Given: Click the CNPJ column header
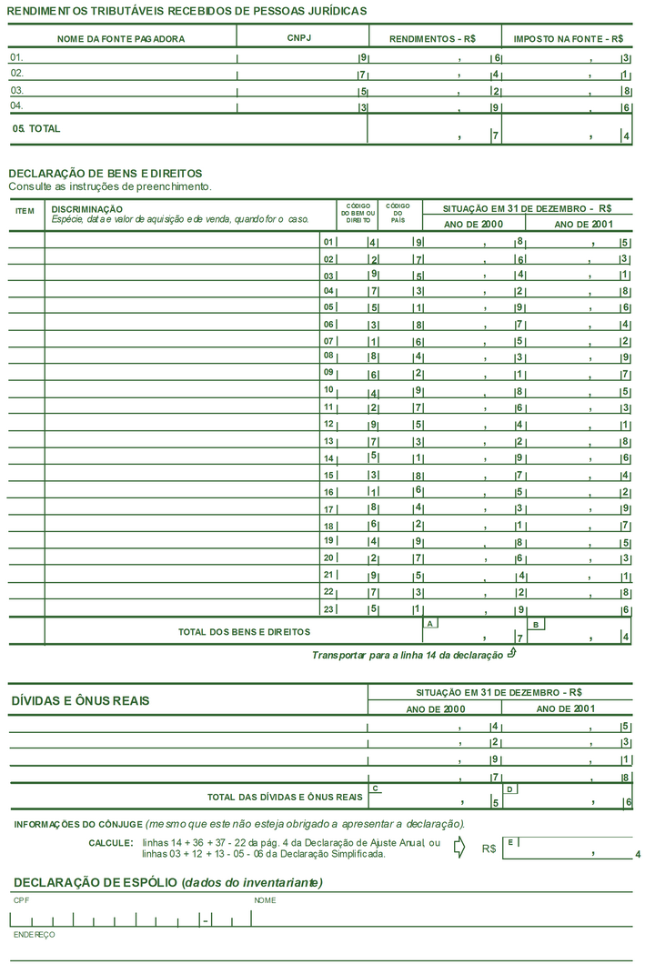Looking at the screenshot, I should (299, 38).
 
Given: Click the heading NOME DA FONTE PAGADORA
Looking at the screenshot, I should (121, 39).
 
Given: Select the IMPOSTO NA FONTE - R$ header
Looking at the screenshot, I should (569, 39).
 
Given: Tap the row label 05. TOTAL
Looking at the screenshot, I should (36, 129).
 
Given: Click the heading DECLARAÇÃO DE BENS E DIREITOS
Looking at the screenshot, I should (106, 173).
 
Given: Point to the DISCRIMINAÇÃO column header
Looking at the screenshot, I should (87, 209).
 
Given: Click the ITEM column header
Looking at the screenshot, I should (25, 211).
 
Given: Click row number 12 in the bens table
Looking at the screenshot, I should (329, 424).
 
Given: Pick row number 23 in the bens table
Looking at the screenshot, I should (329, 608).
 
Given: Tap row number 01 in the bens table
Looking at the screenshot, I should (329, 242).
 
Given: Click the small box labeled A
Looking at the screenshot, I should (430, 623).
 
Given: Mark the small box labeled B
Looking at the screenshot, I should (538, 624).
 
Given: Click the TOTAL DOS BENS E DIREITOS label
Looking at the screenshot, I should (244, 631).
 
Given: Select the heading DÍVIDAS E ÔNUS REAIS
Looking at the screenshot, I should (81, 701).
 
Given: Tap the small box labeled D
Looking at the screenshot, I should (510, 788).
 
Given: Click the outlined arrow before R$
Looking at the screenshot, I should (459, 848).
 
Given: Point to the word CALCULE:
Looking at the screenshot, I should (111, 843).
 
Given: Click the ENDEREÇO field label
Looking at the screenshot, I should (34, 934).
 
